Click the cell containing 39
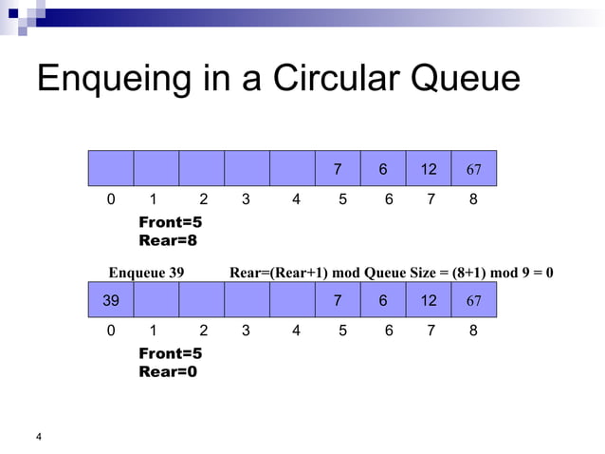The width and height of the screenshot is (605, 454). click(111, 301)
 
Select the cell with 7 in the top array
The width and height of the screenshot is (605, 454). click(338, 169)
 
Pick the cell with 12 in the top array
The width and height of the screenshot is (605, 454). click(429, 169)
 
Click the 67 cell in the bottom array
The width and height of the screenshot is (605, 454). click(474, 301)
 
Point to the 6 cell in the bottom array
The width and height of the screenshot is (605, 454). click(383, 301)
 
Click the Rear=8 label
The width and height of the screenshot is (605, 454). click(170, 240)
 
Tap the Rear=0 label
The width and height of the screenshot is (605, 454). click(170, 371)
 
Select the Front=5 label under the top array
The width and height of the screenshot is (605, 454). click(171, 222)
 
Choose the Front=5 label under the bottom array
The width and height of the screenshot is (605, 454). click(171, 353)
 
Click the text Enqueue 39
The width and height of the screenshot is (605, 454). click(147, 274)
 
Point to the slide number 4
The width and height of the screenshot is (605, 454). click(39, 436)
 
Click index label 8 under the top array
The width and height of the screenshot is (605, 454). click(474, 200)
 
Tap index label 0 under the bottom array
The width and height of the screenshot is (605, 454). click(110, 331)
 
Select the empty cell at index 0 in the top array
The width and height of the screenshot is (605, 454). click(111, 169)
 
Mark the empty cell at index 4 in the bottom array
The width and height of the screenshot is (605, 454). click(292, 301)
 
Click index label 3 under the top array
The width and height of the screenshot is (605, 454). click(247, 200)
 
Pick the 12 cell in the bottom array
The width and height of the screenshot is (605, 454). click(429, 301)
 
